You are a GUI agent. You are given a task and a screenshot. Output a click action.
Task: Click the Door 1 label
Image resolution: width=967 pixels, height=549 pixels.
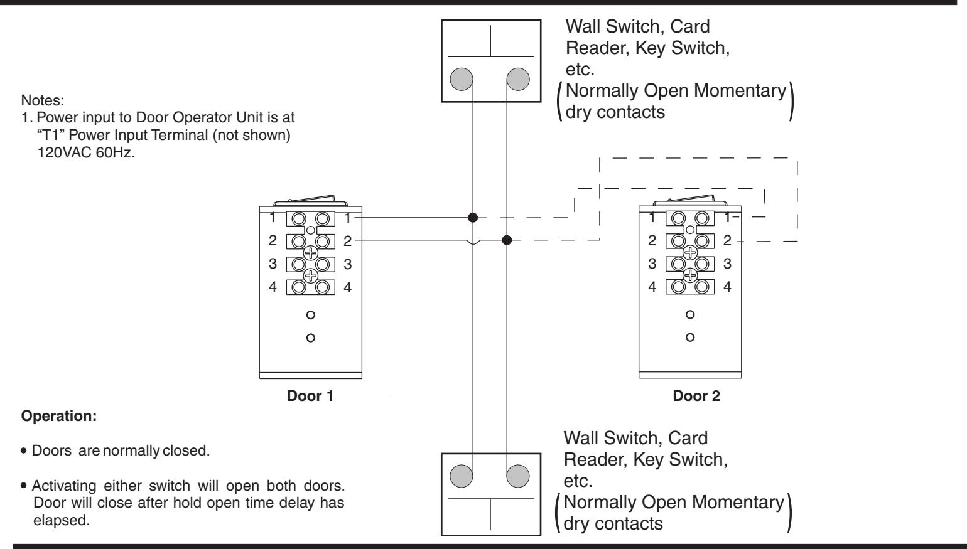(310, 396)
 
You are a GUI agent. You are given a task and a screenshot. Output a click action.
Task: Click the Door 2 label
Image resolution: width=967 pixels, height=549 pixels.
(696, 396)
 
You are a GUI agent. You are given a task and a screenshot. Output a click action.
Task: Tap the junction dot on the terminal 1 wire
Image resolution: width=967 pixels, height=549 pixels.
(473, 217)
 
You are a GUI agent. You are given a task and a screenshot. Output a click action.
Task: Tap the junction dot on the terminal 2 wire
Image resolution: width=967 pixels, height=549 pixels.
(507, 240)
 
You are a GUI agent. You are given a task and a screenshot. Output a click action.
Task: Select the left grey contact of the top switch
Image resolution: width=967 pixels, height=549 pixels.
(461, 79)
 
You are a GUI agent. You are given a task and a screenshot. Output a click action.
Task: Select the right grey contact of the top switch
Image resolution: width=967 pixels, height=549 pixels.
(518, 79)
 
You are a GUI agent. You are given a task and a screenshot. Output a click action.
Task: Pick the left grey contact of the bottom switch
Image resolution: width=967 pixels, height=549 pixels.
(461, 476)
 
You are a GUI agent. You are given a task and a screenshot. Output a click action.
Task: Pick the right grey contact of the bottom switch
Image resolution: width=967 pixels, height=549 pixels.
(518, 476)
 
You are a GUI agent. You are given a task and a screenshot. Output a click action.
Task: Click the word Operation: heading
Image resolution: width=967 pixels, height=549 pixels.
(59, 416)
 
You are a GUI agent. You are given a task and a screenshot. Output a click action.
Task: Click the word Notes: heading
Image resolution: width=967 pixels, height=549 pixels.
(43, 100)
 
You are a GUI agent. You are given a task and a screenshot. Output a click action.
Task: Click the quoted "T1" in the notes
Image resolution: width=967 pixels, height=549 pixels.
(51, 135)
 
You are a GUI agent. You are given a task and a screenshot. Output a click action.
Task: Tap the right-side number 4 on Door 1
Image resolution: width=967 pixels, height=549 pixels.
(347, 287)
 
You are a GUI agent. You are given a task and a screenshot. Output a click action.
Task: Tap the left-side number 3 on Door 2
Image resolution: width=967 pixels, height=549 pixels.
(652, 264)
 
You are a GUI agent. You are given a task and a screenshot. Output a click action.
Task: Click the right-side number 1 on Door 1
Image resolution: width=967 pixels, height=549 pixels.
(347, 218)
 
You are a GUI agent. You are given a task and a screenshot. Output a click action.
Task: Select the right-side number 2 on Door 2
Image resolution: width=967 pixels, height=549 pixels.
(727, 240)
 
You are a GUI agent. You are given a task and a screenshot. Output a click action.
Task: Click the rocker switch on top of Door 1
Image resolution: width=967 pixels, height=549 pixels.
(310, 201)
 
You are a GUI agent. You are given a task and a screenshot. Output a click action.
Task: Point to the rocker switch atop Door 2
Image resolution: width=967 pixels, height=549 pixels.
(690, 200)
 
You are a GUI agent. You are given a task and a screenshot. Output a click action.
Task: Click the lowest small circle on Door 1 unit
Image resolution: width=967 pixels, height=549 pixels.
(310, 338)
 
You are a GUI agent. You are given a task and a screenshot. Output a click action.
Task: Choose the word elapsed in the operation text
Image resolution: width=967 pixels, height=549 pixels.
(62, 521)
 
